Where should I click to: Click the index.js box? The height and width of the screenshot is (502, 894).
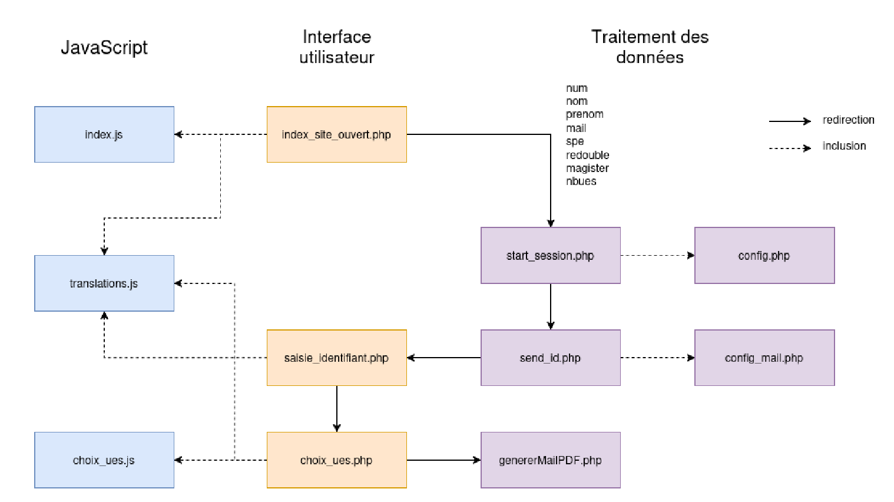pyautogui.click(x=104, y=134)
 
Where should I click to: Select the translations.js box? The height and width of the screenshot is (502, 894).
pyautogui.click(x=104, y=283)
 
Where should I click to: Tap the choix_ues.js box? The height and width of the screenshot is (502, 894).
pyautogui.click(x=104, y=460)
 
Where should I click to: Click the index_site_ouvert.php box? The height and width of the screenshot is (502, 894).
pyautogui.click(x=336, y=134)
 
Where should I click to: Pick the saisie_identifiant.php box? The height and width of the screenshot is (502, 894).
pyautogui.click(x=336, y=358)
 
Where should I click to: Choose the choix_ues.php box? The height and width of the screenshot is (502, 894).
pyautogui.click(x=336, y=460)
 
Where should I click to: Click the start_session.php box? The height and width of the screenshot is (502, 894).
pyautogui.click(x=550, y=256)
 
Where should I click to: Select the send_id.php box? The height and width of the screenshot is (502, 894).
pyautogui.click(x=550, y=358)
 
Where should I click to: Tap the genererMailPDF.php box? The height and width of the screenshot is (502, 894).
pyautogui.click(x=550, y=460)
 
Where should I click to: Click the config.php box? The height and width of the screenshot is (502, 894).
pyautogui.click(x=764, y=256)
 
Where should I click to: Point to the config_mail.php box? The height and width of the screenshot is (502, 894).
pyautogui.click(x=764, y=358)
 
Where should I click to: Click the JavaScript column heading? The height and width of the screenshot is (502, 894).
pyautogui.click(x=104, y=47)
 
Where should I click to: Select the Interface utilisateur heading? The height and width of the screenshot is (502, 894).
pyautogui.click(x=336, y=47)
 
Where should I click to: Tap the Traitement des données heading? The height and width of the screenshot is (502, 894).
pyautogui.click(x=650, y=47)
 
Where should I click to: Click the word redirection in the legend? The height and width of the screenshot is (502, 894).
pyautogui.click(x=848, y=120)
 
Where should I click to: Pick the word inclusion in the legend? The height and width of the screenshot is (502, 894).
pyautogui.click(x=844, y=146)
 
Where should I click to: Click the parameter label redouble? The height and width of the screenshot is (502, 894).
pyautogui.click(x=587, y=156)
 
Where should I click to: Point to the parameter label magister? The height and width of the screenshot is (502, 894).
pyautogui.click(x=587, y=169)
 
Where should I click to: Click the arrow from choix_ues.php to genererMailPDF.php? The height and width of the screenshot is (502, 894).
pyautogui.click(x=443, y=460)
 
